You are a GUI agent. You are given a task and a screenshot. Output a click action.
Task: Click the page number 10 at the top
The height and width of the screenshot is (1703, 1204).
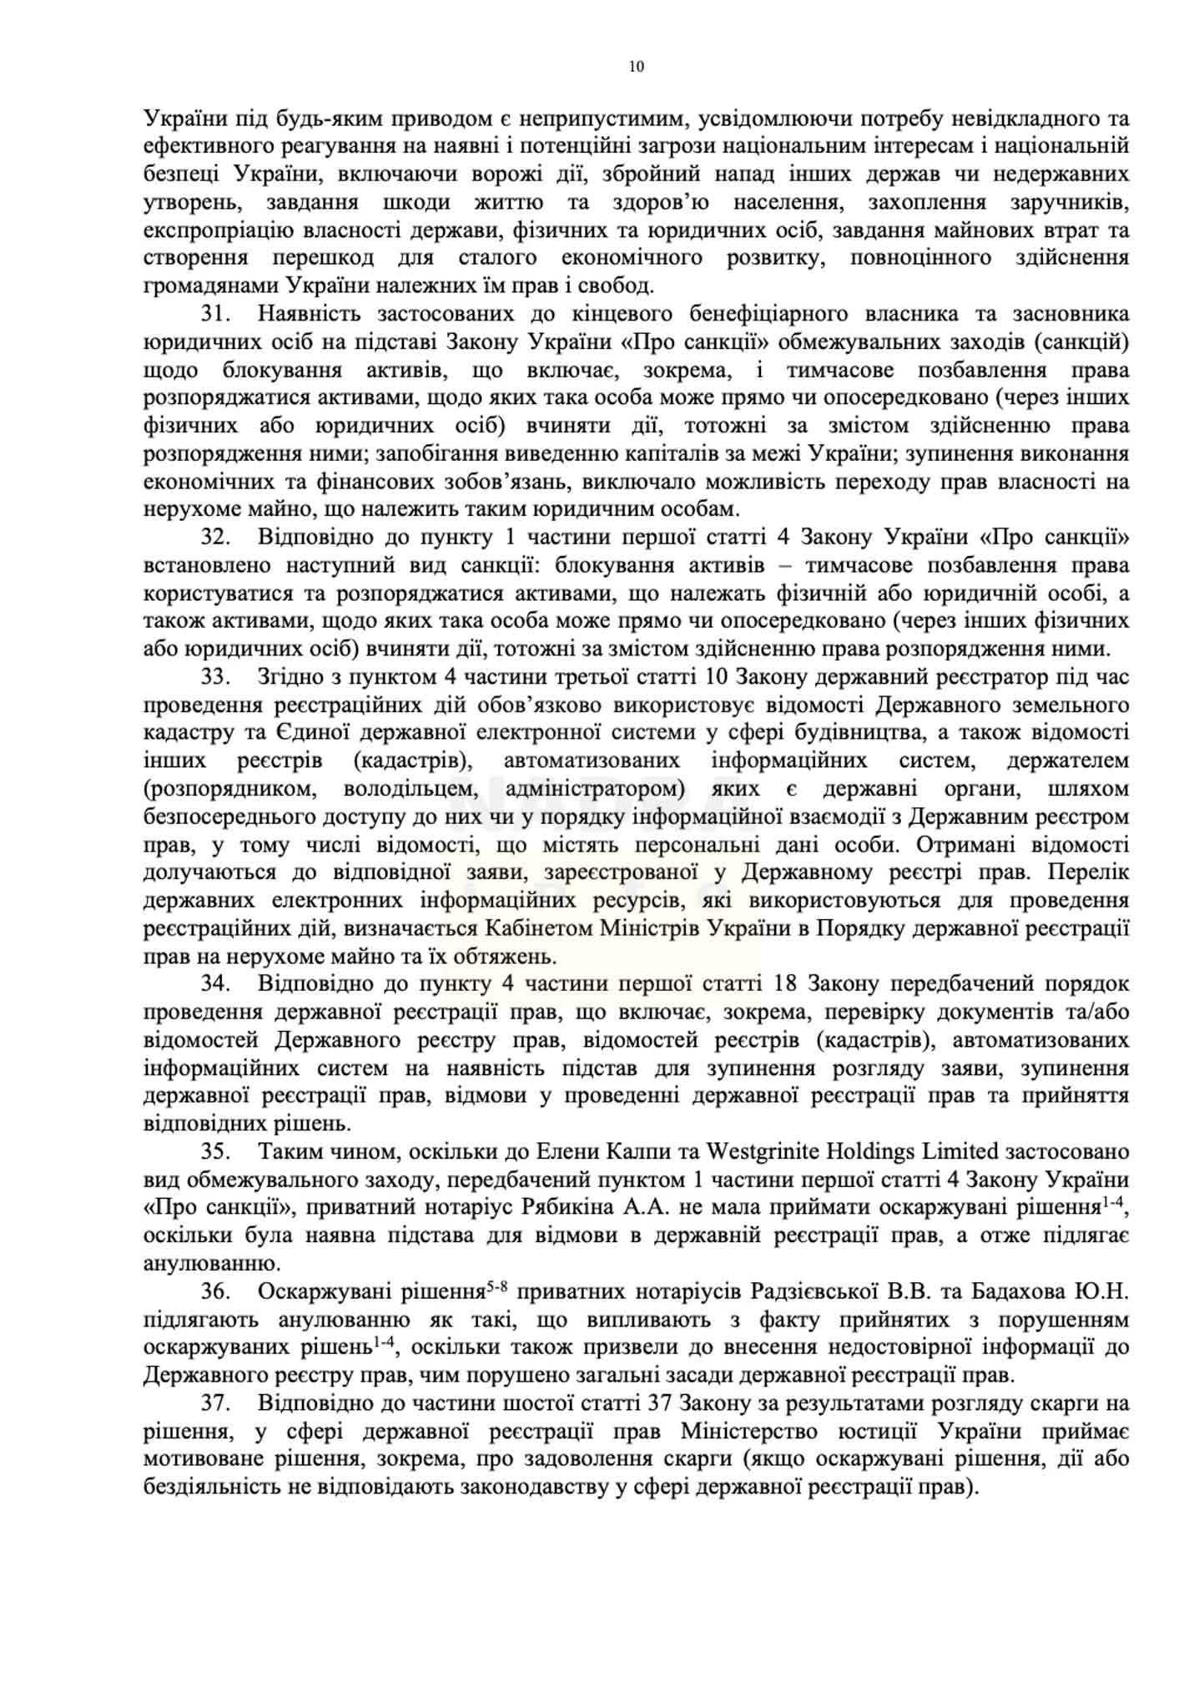(636, 68)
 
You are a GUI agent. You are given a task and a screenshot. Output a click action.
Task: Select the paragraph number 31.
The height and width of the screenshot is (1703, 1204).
(214, 315)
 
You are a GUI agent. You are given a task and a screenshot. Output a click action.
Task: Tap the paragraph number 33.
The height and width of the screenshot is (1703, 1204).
(214, 677)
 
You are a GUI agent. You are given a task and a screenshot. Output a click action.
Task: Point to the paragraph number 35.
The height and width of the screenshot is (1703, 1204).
(214, 1152)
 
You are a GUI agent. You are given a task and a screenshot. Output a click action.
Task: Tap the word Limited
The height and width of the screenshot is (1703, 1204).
(960, 1152)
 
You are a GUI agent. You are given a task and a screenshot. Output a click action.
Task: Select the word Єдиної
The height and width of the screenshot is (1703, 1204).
(309, 733)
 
